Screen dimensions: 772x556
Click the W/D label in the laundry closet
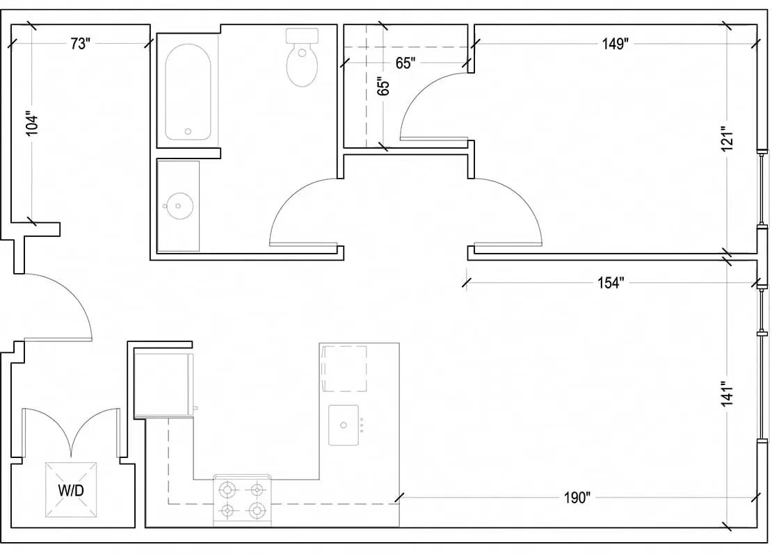tap(71, 490)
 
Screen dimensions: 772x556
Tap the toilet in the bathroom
tap(303, 57)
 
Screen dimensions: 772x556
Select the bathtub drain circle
tap(188, 131)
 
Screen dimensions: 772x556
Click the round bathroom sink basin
tap(178, 206)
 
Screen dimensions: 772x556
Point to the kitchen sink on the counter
tap(344, 425)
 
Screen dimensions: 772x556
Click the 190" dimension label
tap(577, 498)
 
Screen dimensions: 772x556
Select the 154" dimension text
tap(611, 283)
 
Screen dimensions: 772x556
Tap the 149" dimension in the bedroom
tap(616, 44)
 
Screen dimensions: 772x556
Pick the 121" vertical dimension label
tap(727, 139)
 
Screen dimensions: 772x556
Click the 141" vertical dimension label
tap(727, 393)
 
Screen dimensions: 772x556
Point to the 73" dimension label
tap(80, 44)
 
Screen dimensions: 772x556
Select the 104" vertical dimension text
tap(31, 122)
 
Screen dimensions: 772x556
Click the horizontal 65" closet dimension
tap(405, 63)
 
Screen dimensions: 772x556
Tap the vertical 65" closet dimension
tap(383, 86)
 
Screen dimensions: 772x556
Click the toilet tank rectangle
tap(303, 35)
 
